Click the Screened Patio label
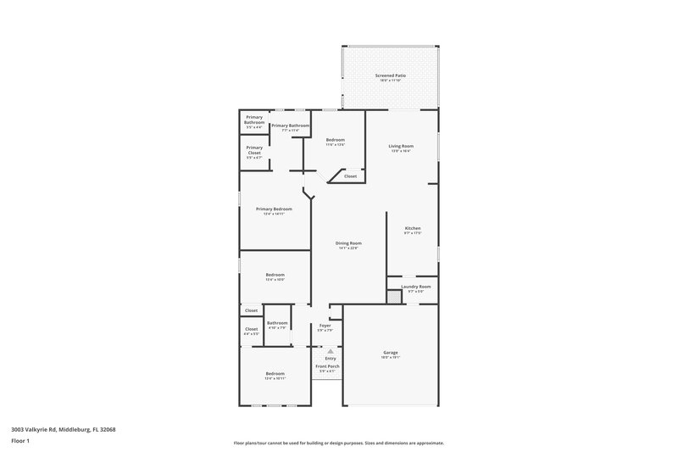pyautogui.click(x=391, y=76)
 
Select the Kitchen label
pyautogui.click(x=413, y=228)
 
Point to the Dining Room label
pyautogui.click(x=348, y=243)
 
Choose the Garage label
pyautogui.click(x=390, y=353)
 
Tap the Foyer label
pyautogui.click(x=325, y=326)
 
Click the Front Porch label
pyautogui.click(x=327, y=367)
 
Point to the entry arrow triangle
pyautogui.click(x=331, y=349)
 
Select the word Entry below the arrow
pyautogui.click(x=331, y=358)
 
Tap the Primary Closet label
pyautogui.click(x=254, y=150)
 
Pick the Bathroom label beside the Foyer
pyautogui.click(x=278, y=323)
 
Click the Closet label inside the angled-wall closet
pyautogui.click(x=350, y=176)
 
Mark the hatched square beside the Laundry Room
pyautogui.click(x=393, y=297)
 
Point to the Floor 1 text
pyautogui.click(x=20, y=441)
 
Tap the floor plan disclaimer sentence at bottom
pyautogui.click(x=339, y=443)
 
